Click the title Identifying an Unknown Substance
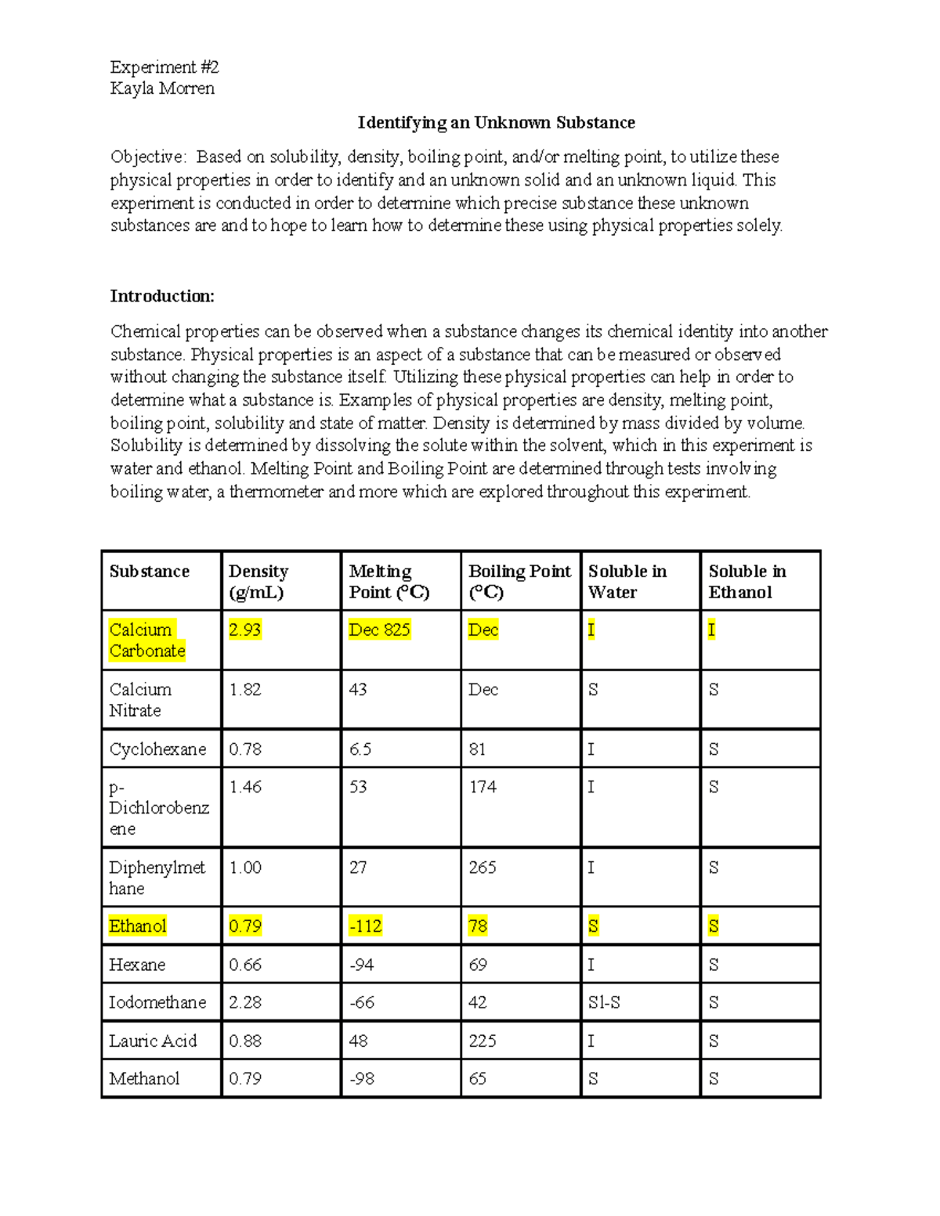tap(496, 123)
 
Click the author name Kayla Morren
tap(162, 88)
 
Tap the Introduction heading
tap(161, 296)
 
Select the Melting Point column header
tap(389, 582)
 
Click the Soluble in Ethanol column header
tap(747, 582)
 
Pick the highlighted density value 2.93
tap(244, 630)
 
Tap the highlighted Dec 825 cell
tap(379, 630)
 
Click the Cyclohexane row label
tap(157, 749)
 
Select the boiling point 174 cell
tap(483, 787)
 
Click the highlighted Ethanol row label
tap(138, 926)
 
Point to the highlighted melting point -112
tap(365, 926)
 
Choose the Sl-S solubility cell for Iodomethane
tap(604, 1002)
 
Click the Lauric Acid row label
tap(153, 1041)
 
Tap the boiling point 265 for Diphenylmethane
tap(483, 868)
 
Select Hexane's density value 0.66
tap(245, 965)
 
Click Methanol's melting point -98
tap(362, 1079)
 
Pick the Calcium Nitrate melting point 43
tap(358, 690)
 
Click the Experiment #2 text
tap(164, 67)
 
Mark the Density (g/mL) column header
tap(258, 582)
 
